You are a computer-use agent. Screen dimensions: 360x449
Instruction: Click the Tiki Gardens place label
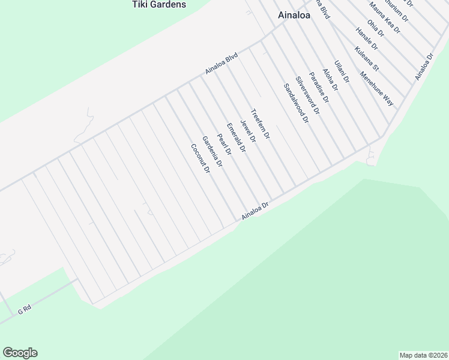click(159, 5)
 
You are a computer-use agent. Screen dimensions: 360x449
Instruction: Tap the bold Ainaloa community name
click(294, 16)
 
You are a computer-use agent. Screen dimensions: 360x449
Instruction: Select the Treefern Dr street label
click(261, 124)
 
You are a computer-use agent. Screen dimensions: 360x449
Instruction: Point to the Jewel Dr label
click(248, 131)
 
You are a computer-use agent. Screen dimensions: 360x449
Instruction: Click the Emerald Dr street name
click(236, 138)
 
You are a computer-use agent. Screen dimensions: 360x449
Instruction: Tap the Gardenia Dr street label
click(212, 152)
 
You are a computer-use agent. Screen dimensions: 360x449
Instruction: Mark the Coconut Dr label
click(200, 159)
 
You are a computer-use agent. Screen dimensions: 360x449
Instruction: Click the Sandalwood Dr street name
click(295, 103)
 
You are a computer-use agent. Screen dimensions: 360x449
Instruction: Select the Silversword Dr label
click(307, 96)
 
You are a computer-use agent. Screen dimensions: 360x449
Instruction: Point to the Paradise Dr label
click(319, 88)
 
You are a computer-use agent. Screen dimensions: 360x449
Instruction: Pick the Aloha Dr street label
click(330, 79)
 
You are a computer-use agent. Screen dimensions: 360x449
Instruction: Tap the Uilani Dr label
click(342, 71)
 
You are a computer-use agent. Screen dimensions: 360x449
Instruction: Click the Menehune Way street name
click(376, 89)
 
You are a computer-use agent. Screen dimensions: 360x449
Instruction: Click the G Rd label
click(24, 310)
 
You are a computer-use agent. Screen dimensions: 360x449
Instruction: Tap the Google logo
click(20, 353)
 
